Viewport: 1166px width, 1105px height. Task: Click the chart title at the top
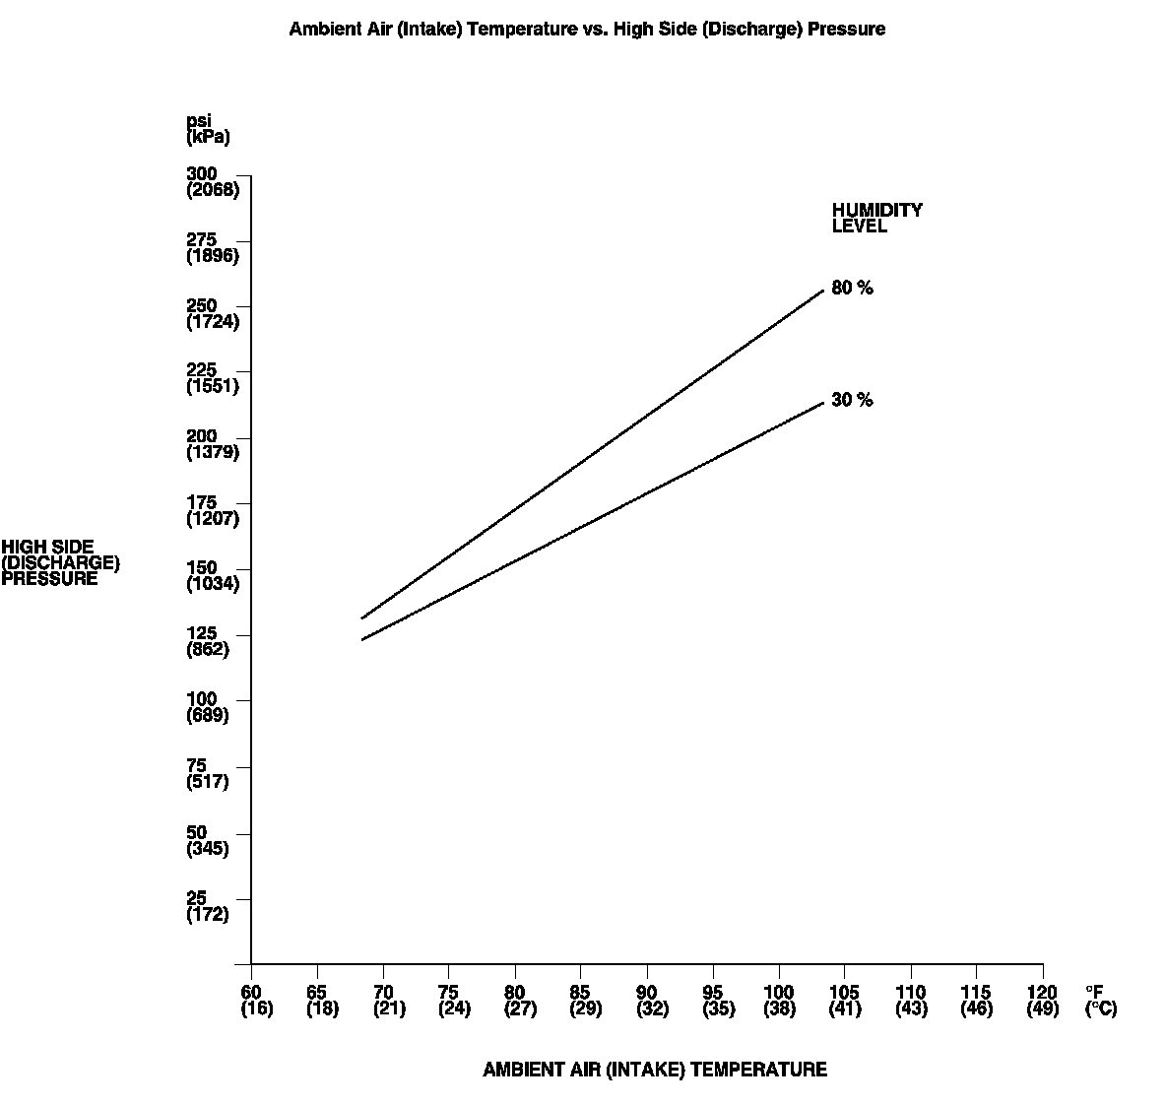587,30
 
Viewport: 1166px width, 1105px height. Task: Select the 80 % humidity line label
852,289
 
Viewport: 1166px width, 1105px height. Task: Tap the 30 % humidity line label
852,400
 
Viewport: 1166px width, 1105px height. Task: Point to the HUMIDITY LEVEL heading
876,218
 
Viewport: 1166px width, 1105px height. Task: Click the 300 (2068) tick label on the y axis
212,182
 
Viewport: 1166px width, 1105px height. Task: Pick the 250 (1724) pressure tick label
212,314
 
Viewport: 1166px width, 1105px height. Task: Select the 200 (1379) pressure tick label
212,445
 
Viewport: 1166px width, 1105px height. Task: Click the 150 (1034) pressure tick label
212,576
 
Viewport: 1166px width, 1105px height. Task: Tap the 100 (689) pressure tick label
207,707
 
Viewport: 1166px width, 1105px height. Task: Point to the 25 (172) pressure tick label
207,906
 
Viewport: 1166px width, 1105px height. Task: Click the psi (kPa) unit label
207,129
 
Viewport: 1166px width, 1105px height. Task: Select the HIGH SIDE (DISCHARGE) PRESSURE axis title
60,562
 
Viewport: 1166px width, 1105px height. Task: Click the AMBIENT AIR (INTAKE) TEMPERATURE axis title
655,1070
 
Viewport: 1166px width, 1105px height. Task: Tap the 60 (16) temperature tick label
256,1001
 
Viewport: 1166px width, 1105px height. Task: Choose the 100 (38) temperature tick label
779,1001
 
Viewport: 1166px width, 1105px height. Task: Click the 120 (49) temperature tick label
1042,1001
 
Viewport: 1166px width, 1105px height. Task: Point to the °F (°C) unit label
1100,1001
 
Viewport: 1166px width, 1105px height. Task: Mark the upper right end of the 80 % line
823,291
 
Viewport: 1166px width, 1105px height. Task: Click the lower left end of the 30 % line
362,640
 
